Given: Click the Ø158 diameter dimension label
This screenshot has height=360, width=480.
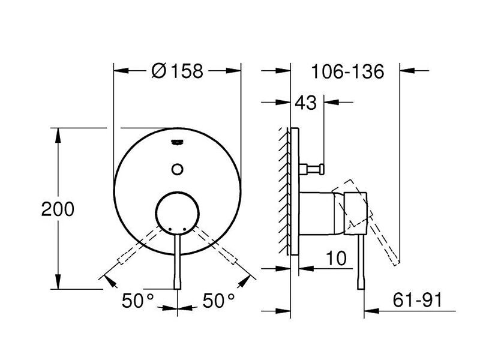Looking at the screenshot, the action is (177, 71).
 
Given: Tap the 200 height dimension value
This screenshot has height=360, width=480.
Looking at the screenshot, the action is (58, 209).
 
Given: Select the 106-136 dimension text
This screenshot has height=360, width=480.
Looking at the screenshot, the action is (347, 71).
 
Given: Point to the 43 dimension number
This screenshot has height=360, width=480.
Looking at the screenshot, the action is (305, 103).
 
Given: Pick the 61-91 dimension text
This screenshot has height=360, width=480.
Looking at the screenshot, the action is (418, 300).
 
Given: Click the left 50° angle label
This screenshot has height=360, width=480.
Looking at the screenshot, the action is (137, 301).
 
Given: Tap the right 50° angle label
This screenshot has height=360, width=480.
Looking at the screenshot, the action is (218, 301).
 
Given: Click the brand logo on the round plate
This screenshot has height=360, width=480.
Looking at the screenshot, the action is (178, 142).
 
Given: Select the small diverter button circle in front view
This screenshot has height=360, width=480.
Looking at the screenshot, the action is (178, 169).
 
